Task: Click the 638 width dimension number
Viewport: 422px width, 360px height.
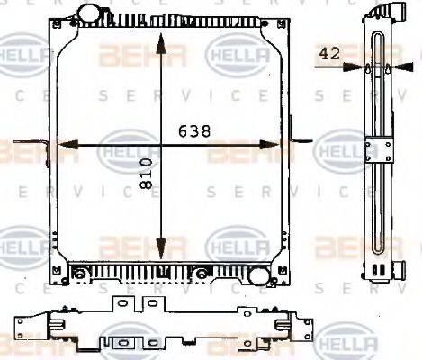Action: click(x=195, y=131)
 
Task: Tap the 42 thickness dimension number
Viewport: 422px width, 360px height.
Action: click(x=329, y=53)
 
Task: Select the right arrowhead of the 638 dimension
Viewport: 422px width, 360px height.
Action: click(x=269, y=144)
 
